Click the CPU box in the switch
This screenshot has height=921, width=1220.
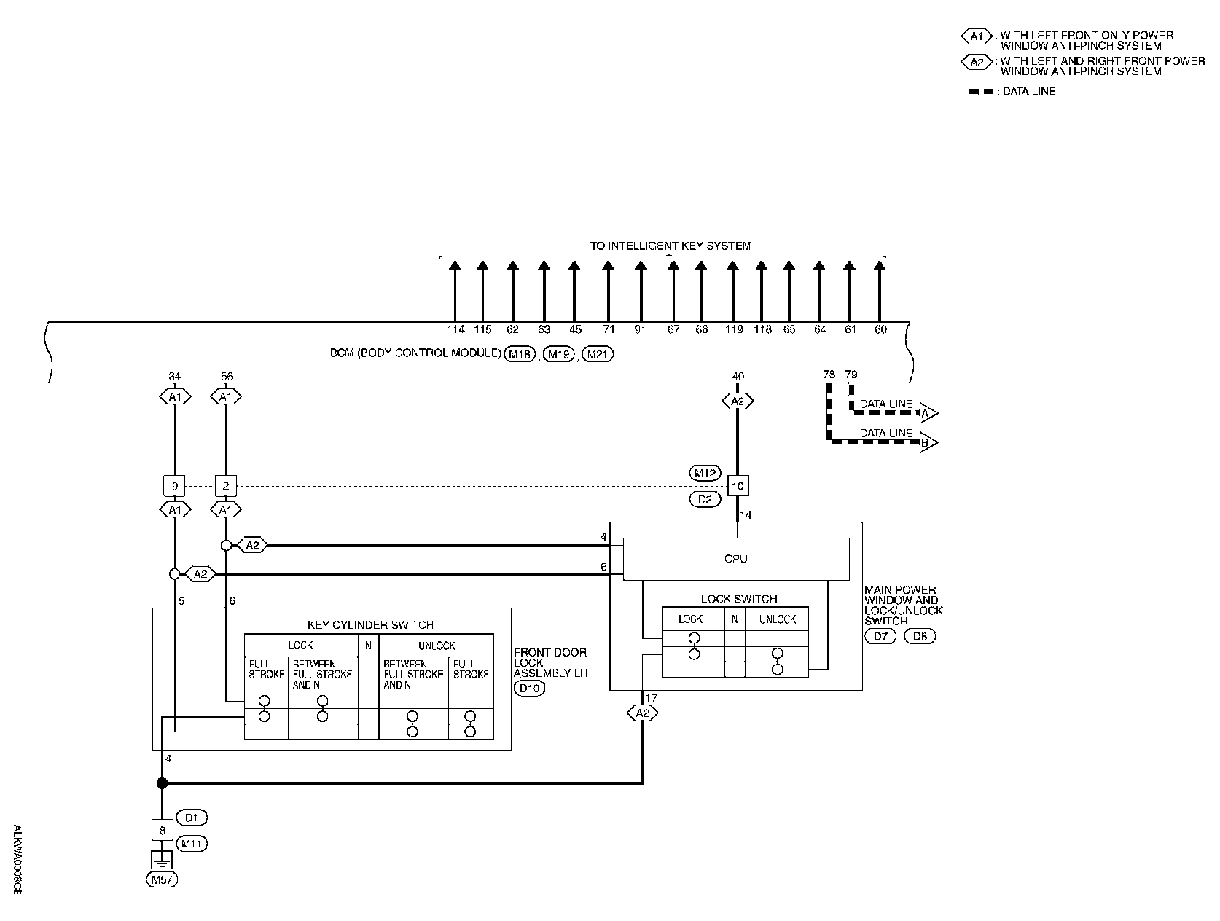point(736,559)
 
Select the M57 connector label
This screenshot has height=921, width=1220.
point(162,879)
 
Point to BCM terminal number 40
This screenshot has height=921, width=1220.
point(738,376)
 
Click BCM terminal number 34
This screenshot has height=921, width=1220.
point(174,376)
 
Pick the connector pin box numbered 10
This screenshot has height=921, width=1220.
point(738,486)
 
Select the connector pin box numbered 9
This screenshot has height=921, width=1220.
point(174,486)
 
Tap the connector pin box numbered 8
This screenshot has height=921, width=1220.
point(162,830)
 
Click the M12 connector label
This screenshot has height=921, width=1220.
point(704,474)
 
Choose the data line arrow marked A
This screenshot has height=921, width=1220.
point(927,413)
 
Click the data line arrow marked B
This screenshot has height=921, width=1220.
point(927,442)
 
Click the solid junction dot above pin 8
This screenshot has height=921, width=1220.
point(162,783)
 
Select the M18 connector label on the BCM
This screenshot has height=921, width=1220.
point(520,354)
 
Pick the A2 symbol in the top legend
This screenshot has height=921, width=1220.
point(977,63)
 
